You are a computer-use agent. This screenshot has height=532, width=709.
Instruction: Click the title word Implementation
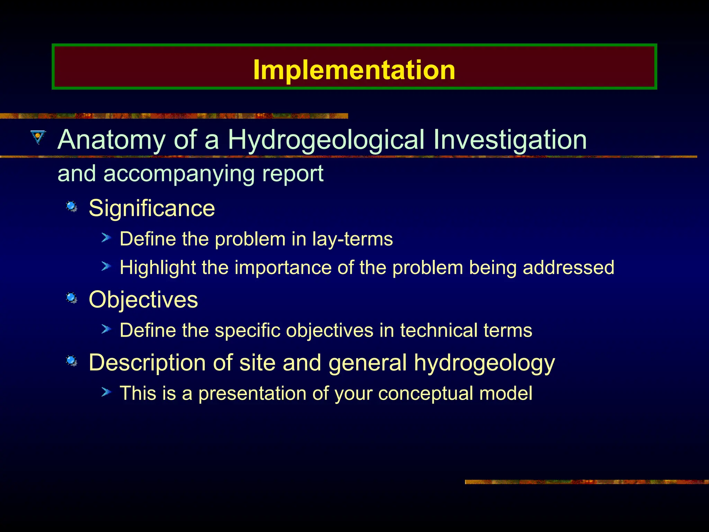click(x=354, y=70)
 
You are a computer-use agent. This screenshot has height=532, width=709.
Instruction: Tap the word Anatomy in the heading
click(x=111, y=140)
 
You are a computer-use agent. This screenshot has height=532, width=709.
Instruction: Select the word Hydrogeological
click(x=326, y=140)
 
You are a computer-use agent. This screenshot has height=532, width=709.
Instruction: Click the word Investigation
click(x=510, y=140)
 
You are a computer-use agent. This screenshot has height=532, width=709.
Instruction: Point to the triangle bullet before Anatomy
click(x=38, y=136)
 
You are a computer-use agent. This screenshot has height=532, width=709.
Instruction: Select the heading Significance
click(x=152, y=208)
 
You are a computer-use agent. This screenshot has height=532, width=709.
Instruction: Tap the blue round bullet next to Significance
click(x=72, y=207)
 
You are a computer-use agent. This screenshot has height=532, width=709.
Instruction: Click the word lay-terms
click(x=352, y=239)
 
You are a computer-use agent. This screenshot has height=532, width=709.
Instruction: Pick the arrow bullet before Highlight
click(x=106, y=266)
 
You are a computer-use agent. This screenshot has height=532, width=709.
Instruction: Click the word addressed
click(x=568, y=268)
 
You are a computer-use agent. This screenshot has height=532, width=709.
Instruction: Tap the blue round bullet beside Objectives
click(x=72, y=298)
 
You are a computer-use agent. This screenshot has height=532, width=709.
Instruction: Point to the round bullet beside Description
click(x=72, y=361)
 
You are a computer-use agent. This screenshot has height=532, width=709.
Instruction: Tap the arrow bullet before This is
click(x=106, y=392)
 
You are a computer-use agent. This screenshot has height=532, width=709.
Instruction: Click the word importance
click(x=283, y=268)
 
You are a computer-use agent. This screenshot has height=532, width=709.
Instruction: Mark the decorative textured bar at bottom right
click(x=586, y=482)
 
